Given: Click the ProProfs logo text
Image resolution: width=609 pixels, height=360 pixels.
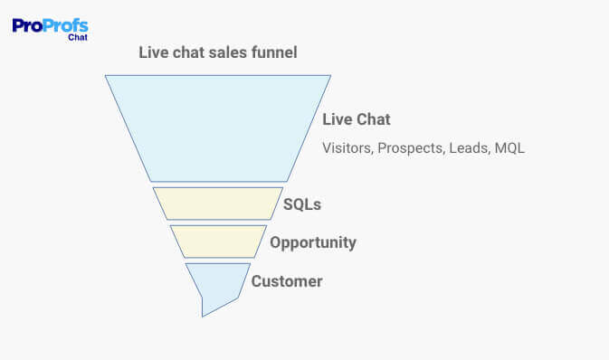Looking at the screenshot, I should (x=50, y=25).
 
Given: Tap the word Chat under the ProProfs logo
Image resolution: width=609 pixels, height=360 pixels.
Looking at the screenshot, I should (x=77, y=38).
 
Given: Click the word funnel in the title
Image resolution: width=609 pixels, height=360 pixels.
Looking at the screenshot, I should (x=272, y=52).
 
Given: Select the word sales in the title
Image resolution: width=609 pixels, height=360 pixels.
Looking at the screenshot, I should (x=225, y=52).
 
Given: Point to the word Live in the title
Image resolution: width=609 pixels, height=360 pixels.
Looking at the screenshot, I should (x=153, y=52).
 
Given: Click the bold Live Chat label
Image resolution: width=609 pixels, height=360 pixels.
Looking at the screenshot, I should (x=357, y=119).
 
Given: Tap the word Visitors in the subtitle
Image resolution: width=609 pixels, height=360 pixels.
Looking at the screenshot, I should (x=347, y=148).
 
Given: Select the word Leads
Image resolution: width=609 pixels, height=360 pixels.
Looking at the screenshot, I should (x=469, y=148).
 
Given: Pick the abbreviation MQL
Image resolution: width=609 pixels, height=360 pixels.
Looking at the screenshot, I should (x=509, y=148).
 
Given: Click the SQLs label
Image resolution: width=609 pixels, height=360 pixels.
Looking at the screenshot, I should (x=302, y=204).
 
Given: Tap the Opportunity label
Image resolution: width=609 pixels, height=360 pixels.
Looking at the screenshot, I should (x=313, y=242).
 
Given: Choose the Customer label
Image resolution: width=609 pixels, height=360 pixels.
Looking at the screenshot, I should (x=287, y=281).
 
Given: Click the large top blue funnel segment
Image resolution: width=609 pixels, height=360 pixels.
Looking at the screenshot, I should (x=217, y=127).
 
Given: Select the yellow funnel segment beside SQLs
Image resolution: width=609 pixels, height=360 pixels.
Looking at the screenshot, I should (x=217, y=203).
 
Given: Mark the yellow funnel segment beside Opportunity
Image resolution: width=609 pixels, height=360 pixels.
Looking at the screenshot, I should (x=218, y=241).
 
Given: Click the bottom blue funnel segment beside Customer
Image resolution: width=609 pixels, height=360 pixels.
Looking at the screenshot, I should (x=216, y=282).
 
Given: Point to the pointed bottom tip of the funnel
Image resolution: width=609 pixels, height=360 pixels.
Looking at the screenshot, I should (x=204, y=313).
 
